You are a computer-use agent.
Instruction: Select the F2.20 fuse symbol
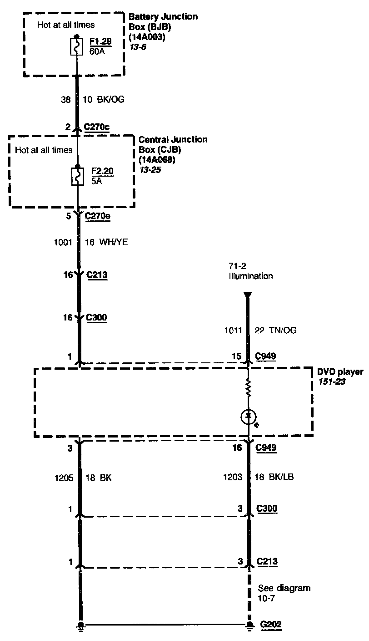(x=78, y=176)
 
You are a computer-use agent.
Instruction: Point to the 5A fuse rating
(x=97, y=180)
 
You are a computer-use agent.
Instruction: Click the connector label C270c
(x=97, y=127)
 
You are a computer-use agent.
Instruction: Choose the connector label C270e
(x=98, y=216)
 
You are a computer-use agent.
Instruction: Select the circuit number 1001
(x=63, y=243)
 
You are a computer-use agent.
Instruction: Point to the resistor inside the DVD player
(x=249, y=388)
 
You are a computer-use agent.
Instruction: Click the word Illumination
(x=251, y=276)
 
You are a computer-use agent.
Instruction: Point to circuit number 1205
(x=63, y=478)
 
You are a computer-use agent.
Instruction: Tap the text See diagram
(x=284, y=588)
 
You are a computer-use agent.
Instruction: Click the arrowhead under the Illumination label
(x=247, y=295)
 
